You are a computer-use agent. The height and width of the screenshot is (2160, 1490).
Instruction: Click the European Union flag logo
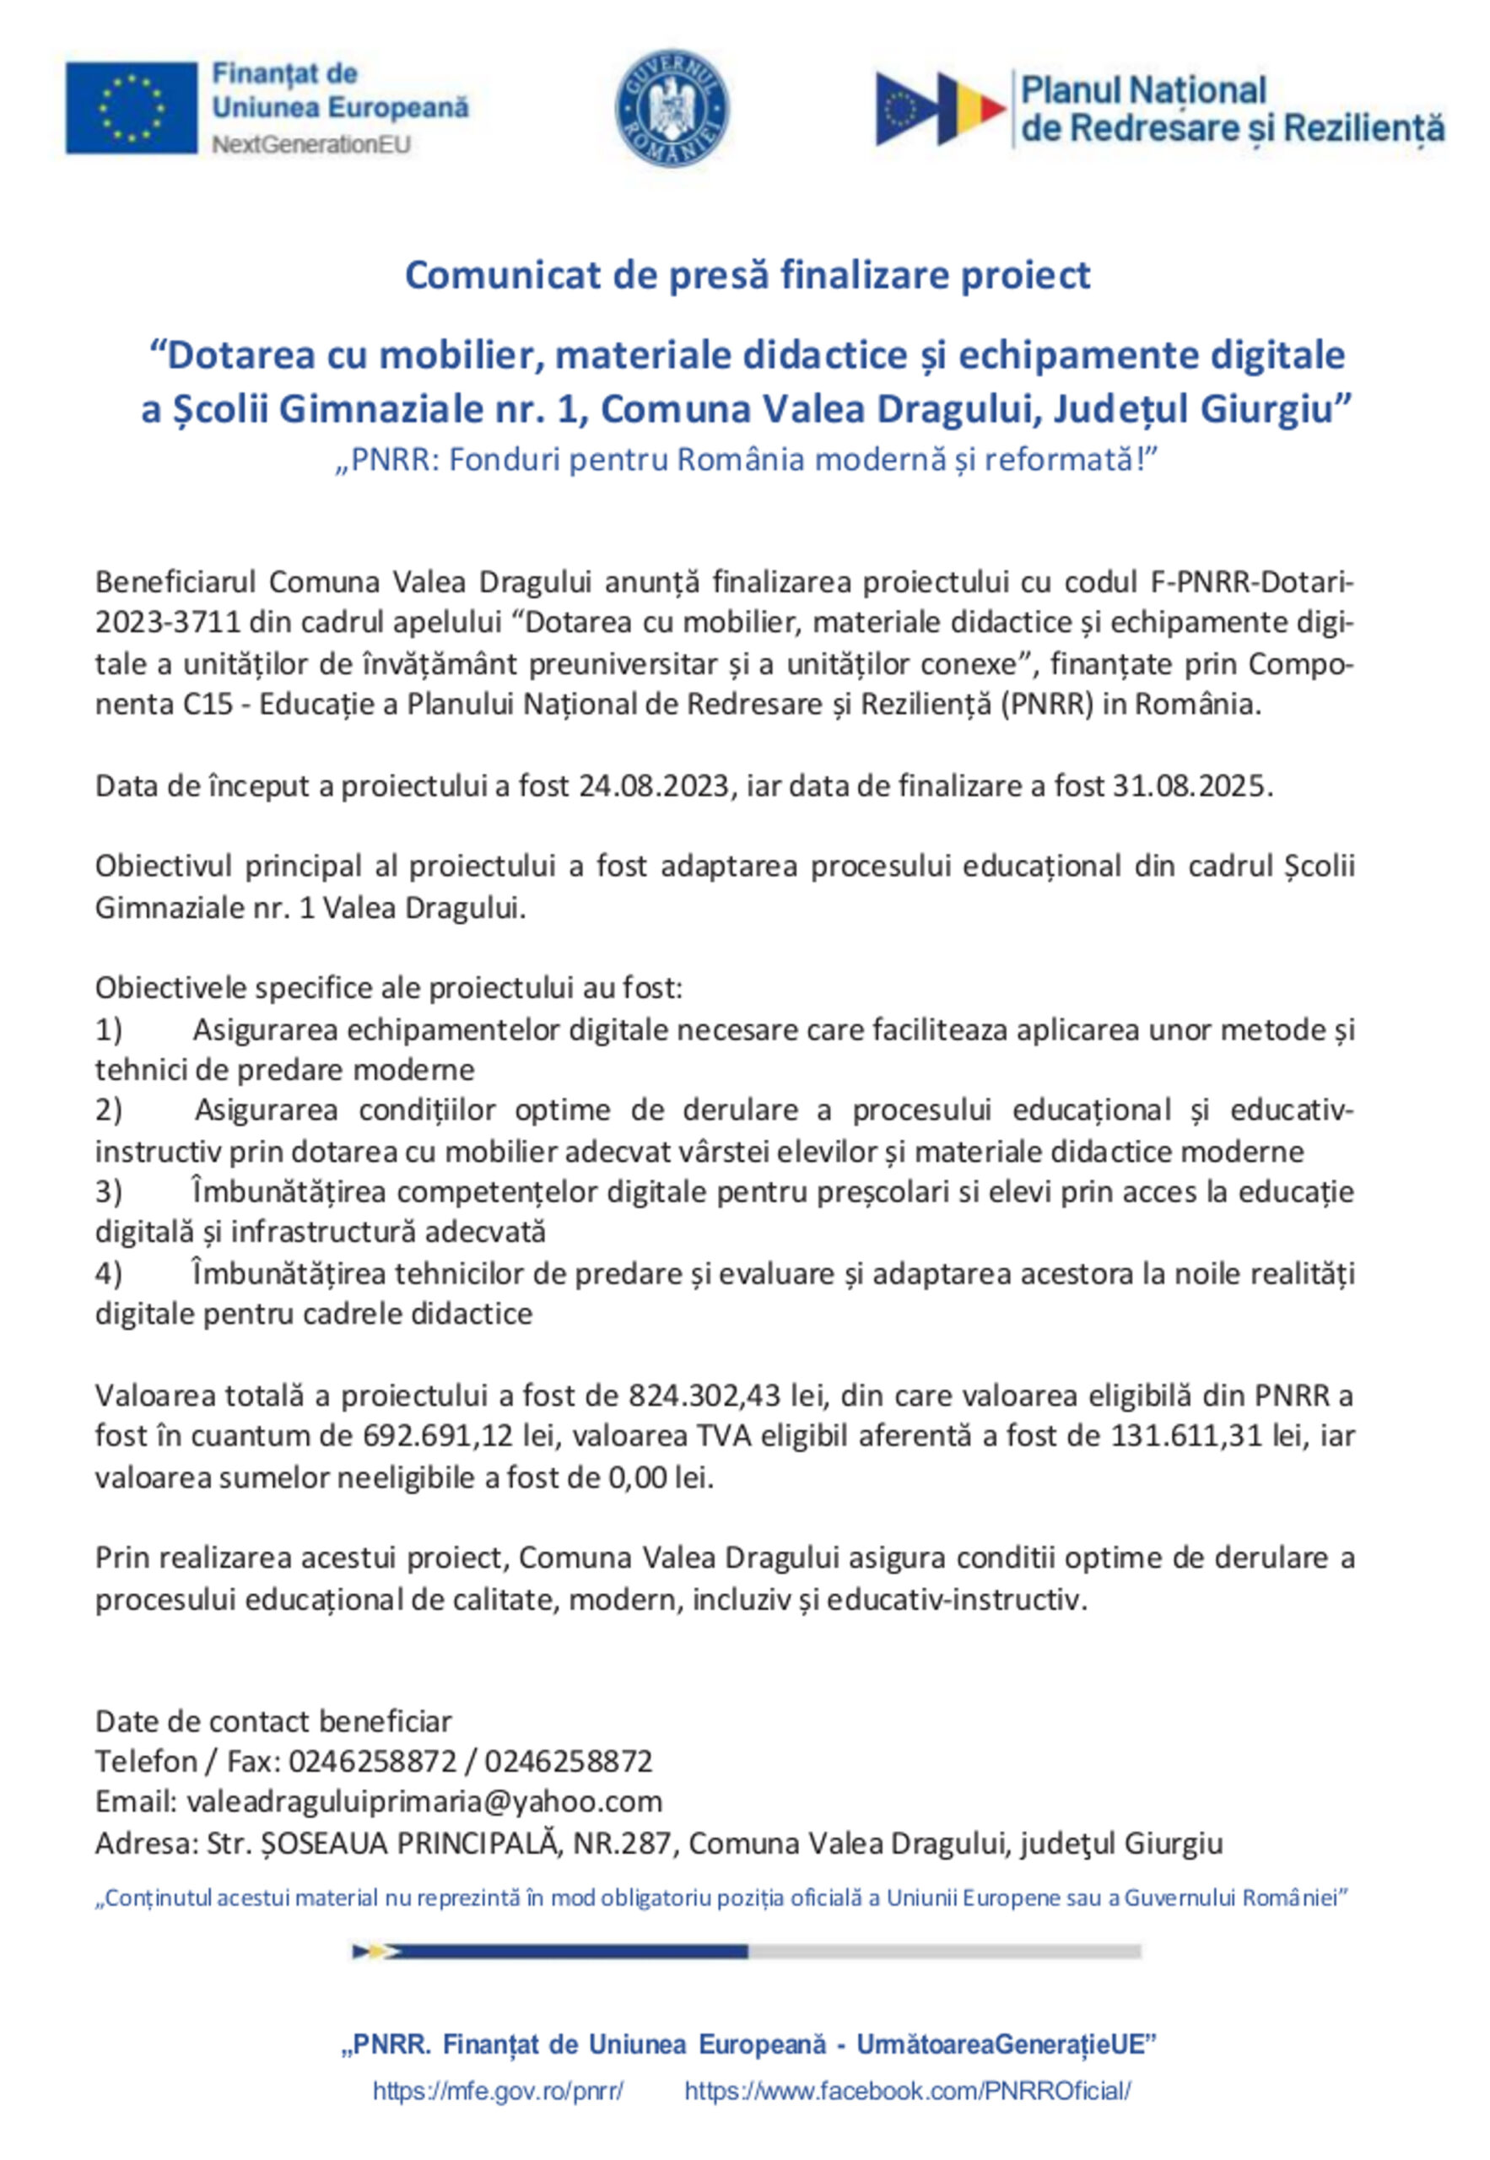[x=131, y=107]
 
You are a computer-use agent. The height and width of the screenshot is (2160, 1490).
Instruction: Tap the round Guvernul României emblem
[x=672, y=108]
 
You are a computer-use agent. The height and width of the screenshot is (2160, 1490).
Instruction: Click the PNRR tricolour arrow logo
[x=939, y=108]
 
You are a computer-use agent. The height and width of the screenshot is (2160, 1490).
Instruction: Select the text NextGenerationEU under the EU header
[x=310, y=144]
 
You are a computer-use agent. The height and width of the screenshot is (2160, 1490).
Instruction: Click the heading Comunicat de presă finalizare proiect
[x=747, y=275]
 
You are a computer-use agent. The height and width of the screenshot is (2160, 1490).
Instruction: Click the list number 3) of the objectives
[x=108, y=1192]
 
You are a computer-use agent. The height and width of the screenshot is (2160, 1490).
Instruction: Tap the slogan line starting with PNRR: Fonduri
[x=747, y=460]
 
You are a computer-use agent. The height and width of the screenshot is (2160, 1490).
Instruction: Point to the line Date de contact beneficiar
[x=273, y=1721]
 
